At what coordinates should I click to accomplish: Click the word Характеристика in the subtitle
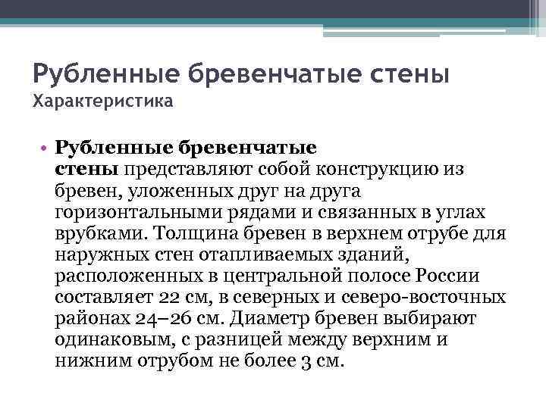point(102,101)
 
